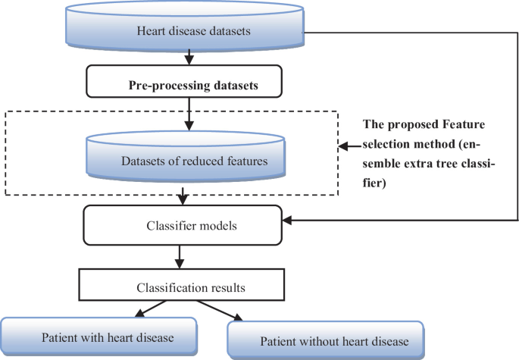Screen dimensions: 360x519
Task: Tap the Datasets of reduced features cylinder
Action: click(181, 160)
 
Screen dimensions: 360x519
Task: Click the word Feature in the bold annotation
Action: click(465, 124)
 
